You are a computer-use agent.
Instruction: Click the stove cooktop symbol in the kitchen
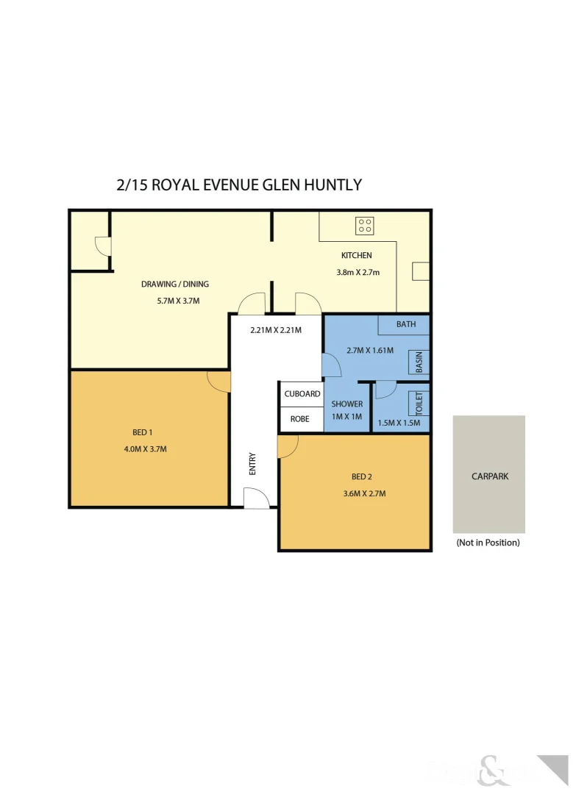pos(365,226)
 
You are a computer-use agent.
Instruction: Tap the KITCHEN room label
pos(356,256)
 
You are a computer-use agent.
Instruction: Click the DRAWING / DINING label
pos(175,284)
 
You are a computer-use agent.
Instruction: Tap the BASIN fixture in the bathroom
pos(419,362)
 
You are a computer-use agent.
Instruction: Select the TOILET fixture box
pos(419,404)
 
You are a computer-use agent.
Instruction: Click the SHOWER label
pos(346,404)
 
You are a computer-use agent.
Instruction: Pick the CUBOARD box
pos(302,394)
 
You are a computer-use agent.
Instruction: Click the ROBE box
pos(300,419)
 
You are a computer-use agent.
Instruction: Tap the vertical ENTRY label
pos(252,464)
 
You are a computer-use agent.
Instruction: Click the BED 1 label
pos(143,432)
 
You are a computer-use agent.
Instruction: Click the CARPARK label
pos(489,476)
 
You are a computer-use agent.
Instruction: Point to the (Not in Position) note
pos(488,543)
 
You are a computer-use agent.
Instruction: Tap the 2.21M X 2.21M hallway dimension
pos(276,330)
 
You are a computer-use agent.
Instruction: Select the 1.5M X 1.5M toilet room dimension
pos(398,423)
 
